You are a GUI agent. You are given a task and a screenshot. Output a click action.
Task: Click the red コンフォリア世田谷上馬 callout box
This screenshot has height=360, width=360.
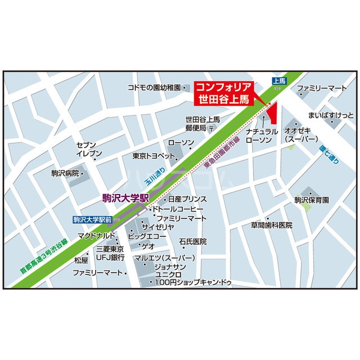pos(223,93)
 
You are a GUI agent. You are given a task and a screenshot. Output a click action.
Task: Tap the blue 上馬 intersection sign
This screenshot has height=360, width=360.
pos(279,82)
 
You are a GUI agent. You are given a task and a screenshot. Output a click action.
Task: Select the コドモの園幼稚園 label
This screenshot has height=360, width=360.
pos(154,88)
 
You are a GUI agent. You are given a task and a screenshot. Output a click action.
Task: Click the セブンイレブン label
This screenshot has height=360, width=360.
pos(89,148)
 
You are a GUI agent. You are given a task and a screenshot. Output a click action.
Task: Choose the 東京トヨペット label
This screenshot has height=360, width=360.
pos(150,156)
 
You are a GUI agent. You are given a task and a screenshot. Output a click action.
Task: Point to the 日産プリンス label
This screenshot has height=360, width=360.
pos(187,199)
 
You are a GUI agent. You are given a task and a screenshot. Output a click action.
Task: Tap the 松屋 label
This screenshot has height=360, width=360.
pos(81,260)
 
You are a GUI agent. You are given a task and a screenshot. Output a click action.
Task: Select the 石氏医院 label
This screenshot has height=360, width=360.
pos(193,241)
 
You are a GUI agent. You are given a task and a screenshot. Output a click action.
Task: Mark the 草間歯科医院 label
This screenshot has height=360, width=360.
pos(272,226)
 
